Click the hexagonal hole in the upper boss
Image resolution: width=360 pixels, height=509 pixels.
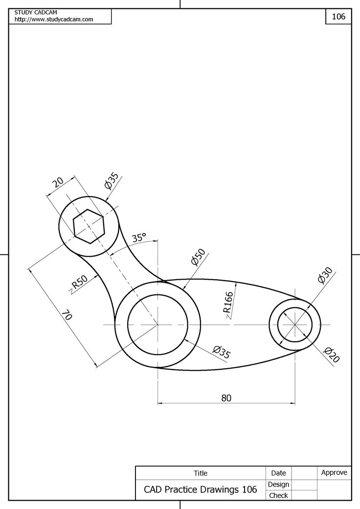[89, 226]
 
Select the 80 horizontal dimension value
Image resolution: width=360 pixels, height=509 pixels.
[225, 398]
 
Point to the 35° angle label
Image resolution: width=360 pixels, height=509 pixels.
[139, 238]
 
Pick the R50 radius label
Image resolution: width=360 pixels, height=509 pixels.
[79, 284]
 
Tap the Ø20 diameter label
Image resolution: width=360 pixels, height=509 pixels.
[331, 354]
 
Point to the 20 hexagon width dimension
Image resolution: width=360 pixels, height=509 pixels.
[58, 182]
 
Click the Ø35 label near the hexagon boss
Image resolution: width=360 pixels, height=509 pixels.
[111, 181]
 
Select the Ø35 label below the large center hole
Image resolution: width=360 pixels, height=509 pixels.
[221, 352]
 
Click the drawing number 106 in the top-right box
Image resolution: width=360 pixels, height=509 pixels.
[338, 17]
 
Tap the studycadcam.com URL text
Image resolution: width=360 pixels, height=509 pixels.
[54, 20]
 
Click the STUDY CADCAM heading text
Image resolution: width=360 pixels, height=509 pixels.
[36, 12]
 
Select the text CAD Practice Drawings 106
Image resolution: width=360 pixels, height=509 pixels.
[200, 489]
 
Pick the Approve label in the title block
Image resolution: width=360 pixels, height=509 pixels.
[334, 472]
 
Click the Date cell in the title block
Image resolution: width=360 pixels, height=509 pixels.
[278, 473]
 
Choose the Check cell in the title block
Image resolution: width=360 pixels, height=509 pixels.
[278, 495]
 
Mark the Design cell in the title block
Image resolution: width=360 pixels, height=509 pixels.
[278, 484]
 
